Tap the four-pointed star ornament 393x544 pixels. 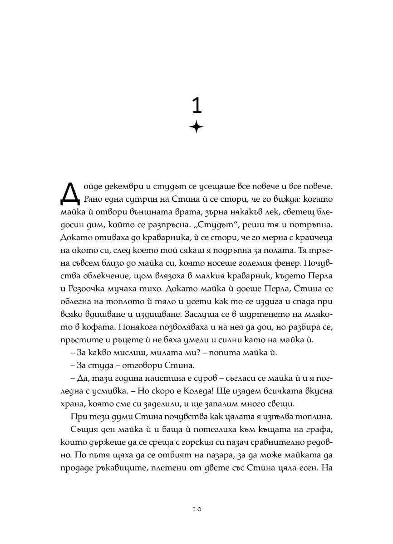[196, 128]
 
